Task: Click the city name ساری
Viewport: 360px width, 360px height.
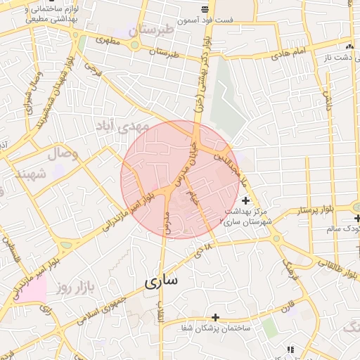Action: click(161, 281)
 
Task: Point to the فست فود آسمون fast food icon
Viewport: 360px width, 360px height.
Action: click(204, 9)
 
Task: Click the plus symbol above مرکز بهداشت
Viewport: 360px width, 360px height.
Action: click(245, 201)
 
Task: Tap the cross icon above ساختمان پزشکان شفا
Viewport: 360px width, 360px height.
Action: click(215, 317)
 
